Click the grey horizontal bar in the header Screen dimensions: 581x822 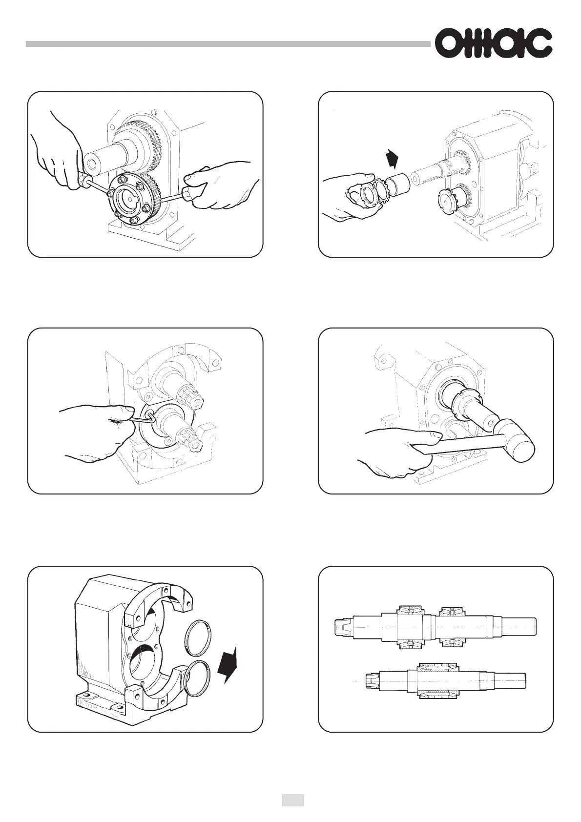[228, 44]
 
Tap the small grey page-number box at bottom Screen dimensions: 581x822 [292, 797]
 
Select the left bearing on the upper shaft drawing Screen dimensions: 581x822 [411, 627]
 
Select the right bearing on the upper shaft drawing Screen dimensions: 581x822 [453, 627]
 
